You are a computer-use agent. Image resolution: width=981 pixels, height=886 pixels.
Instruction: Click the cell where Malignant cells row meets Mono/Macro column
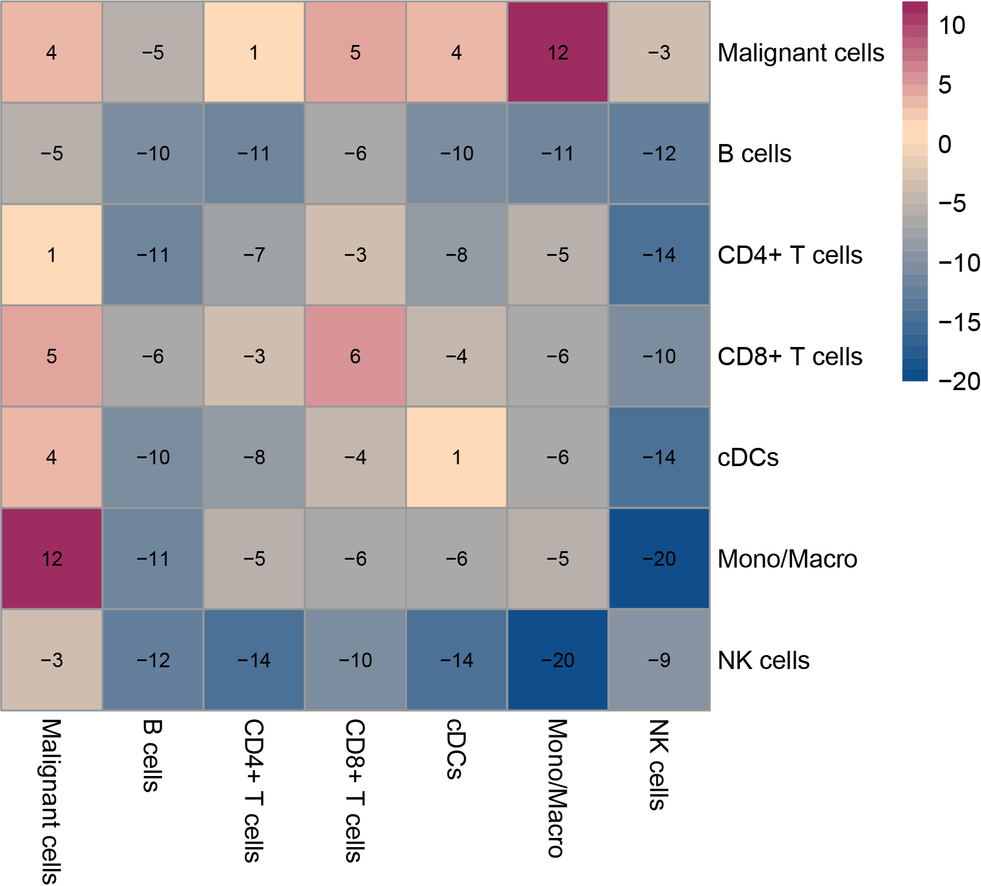point(558,52)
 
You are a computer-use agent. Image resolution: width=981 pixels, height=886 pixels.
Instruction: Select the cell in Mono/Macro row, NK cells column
point(659,558)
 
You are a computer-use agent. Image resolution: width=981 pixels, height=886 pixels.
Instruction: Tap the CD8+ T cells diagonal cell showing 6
point(355,356)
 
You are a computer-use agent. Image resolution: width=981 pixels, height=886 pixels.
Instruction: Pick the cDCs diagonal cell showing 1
point(456,457)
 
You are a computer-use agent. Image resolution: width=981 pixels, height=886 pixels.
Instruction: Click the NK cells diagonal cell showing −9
point(659,660)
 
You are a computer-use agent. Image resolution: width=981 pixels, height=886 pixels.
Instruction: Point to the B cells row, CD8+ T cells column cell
point(355,153)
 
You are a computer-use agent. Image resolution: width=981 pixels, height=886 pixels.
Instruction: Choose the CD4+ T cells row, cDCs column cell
point(456,255)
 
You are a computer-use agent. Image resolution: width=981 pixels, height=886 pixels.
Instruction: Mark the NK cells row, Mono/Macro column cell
point(558,660)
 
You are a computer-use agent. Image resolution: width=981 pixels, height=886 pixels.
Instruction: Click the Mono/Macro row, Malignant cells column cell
point(52,558)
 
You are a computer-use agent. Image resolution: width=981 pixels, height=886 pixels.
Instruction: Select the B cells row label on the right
point(754,154)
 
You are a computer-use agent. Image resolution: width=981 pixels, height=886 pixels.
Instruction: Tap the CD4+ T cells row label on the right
point(790,255)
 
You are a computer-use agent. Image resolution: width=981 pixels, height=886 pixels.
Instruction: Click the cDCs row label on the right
point(748,458)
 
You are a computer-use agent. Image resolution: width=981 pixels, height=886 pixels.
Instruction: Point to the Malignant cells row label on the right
point(801,53)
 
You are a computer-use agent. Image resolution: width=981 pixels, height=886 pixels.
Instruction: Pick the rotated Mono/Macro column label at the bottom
point(557,788)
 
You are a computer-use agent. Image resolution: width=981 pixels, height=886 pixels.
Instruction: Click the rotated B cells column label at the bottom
point(151,755)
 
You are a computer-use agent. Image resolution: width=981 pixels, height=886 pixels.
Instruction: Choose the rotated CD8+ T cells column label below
point(355,791)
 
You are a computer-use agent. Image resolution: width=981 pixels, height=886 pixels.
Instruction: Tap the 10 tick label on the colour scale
point(951,26)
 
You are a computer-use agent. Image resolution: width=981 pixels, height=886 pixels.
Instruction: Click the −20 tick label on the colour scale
point(959,382)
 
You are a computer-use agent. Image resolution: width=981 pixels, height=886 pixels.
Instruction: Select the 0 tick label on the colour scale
point(945,145)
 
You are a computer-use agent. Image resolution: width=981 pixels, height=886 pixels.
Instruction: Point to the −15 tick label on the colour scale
point(959,322)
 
